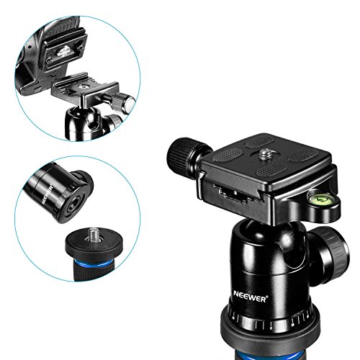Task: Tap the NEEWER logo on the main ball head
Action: tap(250, 299)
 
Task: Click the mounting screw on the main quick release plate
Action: tap(266, 153)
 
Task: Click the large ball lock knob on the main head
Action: tap(329, 256)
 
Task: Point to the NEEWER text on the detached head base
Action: tap(48, 194)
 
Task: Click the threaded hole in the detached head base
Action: tap(73, 204)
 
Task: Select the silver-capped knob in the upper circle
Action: tap(125, 103)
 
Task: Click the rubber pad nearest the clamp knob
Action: tap(228, 154)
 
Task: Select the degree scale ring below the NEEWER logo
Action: tap(271, 320)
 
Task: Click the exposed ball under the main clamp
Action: tap(265, 234)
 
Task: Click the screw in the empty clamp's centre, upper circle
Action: tap(84, 86)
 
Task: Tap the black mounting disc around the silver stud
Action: tap(94, 245)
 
